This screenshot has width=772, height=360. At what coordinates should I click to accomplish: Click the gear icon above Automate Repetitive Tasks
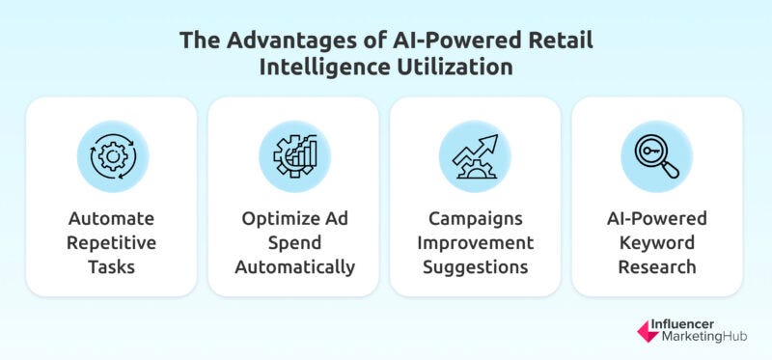tap(111, 157)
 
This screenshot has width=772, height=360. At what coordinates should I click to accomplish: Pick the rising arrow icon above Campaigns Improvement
tap(474, 157)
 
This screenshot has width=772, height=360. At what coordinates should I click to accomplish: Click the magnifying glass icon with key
tap(656, 157)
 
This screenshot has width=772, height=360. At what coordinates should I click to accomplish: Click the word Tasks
tap(111, 265)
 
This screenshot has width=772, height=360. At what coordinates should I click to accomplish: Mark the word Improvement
tap(474, 241)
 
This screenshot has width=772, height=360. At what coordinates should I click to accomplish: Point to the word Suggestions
tap(474, 265)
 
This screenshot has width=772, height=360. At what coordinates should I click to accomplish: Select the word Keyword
tap(656, 241)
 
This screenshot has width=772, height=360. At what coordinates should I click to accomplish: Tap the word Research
tap(656, 265)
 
